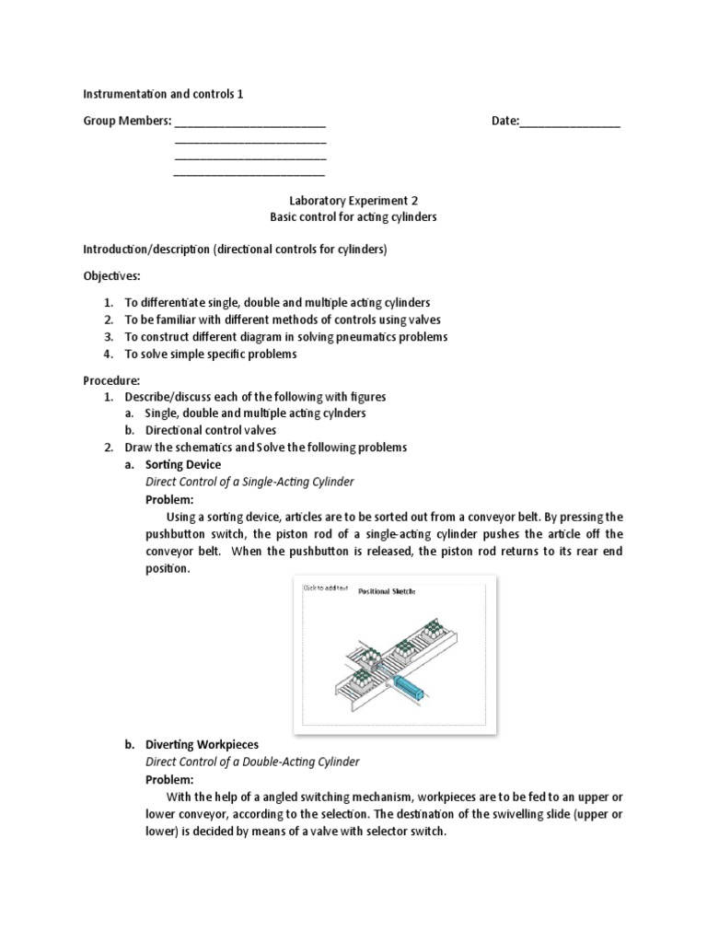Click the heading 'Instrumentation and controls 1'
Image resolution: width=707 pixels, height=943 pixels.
[164, 93]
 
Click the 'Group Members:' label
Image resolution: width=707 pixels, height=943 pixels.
[127, 122]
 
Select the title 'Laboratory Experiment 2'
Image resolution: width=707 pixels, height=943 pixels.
[353, 200]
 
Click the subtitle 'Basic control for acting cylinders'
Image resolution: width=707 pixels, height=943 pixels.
[353, 217]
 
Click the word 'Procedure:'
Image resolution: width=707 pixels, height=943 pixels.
[111, 379]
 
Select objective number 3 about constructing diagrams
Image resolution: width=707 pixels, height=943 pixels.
[286, 336]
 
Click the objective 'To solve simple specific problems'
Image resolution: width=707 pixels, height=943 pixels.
[211, 354]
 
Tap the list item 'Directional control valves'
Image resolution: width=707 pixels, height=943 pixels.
[211, 430]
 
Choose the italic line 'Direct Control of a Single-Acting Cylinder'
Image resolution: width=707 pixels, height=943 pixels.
[249, 482]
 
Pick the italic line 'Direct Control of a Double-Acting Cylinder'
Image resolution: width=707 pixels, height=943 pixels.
[252, 762]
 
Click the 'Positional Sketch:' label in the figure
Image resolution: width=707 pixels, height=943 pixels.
[387, 592]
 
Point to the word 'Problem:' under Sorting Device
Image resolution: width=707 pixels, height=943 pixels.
[169, 499]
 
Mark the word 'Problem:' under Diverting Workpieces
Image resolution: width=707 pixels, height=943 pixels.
[169, 779]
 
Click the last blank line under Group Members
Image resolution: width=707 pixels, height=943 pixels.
[249, 172]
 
